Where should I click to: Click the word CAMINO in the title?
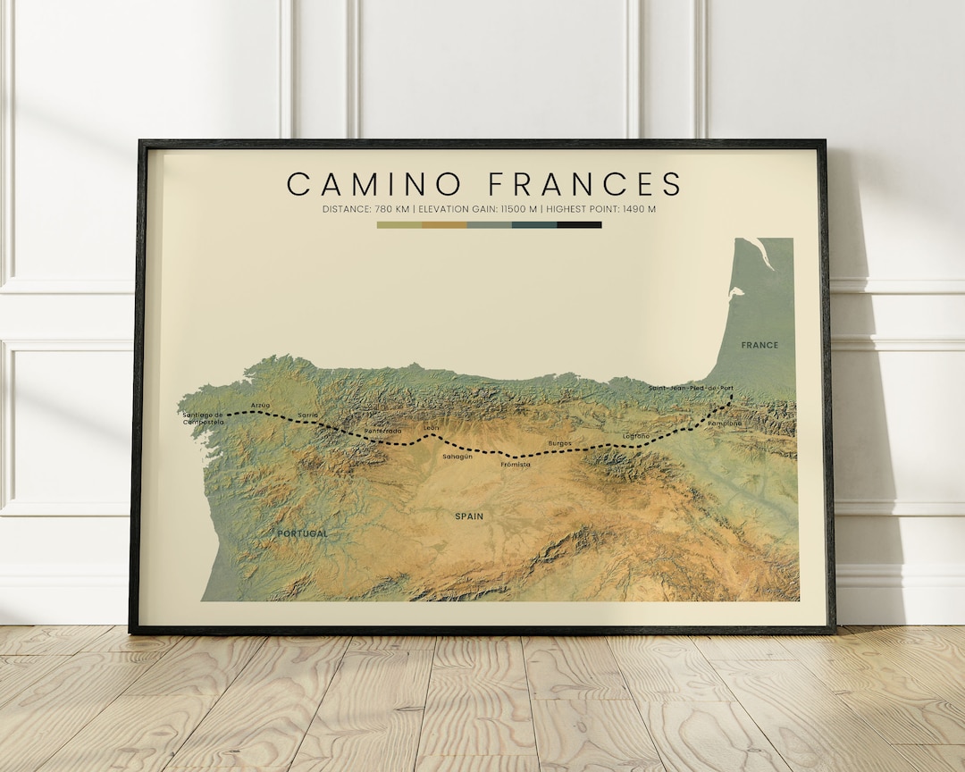pos(374,184)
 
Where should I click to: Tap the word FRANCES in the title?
pos(585,184)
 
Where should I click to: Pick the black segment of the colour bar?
pos(579,225)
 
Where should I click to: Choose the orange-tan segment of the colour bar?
pos(444,225)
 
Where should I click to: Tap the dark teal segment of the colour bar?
pos(534,225)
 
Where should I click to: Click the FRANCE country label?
pos(759,345)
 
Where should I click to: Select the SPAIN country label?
pos(469,516)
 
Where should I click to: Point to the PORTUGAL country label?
pos(302,533)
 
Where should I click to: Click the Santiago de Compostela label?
pos(203,418)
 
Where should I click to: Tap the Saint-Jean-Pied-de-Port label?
pos(692,388)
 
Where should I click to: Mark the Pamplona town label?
pos(725,424)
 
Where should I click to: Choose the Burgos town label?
pos(559,443)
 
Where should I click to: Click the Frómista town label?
pos(516,465)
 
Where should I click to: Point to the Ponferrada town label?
pos(382,432)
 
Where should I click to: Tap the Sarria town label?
pos(308,415)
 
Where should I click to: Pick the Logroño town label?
pos(636,436)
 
